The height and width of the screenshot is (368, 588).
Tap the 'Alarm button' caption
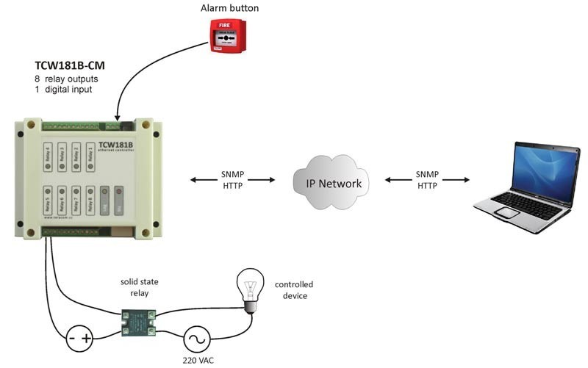point(229,8)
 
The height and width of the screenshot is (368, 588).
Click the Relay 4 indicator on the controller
point(48,156)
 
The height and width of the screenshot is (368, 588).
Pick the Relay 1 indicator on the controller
point(90,156)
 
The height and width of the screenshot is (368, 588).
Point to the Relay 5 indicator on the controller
point(48,201)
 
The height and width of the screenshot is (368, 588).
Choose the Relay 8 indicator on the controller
point(90,201)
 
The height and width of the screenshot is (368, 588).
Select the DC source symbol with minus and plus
point(80,339)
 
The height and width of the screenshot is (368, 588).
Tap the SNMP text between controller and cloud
point(232,175)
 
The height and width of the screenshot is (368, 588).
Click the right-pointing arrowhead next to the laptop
point(466,180)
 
